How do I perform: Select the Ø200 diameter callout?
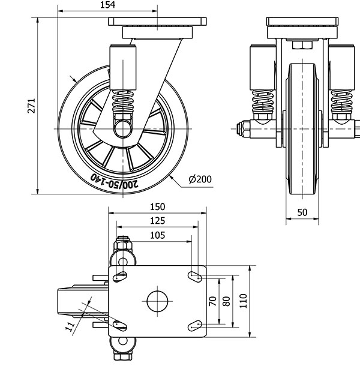pyautogui.click(x=200, y=179)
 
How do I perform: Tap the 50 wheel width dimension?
pyautogui.click(x=302, y=212)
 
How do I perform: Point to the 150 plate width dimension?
pyautogui.click(x=157, y=206)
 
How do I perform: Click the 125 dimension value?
pyautogui.click(x=157, y=221)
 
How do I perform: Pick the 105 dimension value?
pyautogui.click(x=157, y=235)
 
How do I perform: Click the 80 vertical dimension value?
pyautogui.click(x=226, y=301)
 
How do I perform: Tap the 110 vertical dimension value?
pyautogui.click(x=243, y=300)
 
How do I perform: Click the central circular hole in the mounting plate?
pyautogui.click(x=157, y=301)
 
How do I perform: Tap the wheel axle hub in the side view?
pyautogui.click(x=122, y=128)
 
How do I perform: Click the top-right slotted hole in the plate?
pyautogui.click(x=195, y=275)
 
